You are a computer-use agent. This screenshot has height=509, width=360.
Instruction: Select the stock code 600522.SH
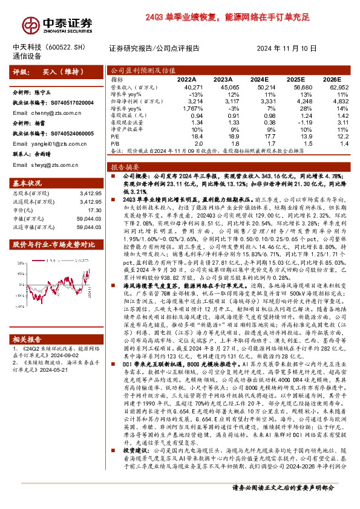pos(77,48)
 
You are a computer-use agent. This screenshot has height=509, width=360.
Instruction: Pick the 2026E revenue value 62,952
pos(338,87)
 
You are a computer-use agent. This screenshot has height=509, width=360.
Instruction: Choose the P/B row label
pos(117,144)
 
